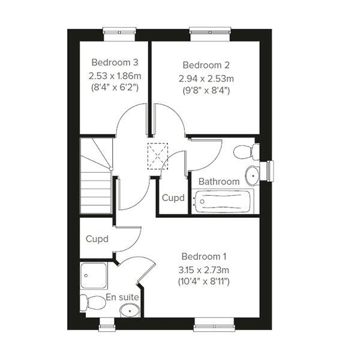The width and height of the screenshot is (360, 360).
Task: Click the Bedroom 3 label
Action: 115,62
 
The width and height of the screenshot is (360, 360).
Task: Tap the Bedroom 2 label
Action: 206,65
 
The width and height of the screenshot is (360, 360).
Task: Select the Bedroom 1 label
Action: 204,256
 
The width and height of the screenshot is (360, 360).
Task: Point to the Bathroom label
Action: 219,182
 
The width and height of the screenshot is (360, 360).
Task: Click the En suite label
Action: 122,298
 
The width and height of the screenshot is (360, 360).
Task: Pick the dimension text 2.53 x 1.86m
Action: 115,76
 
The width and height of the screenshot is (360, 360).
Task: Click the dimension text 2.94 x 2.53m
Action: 206,79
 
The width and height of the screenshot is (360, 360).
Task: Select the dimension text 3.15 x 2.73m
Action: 204,270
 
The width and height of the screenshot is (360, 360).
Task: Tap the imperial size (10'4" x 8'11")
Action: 204,281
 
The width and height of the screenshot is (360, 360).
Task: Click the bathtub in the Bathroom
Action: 222,201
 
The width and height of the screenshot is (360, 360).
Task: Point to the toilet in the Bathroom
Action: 247,152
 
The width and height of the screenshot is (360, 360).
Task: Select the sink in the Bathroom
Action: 253,176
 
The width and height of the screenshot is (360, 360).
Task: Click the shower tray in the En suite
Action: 94,276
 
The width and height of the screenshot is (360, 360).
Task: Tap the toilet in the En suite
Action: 93,302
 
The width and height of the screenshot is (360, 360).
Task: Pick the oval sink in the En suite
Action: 130,311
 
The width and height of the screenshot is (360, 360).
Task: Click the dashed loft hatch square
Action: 158,156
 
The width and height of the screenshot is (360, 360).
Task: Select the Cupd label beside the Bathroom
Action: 173,197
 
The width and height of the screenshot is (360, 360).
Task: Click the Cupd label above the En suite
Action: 97,239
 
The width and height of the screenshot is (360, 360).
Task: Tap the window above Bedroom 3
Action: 119,34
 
